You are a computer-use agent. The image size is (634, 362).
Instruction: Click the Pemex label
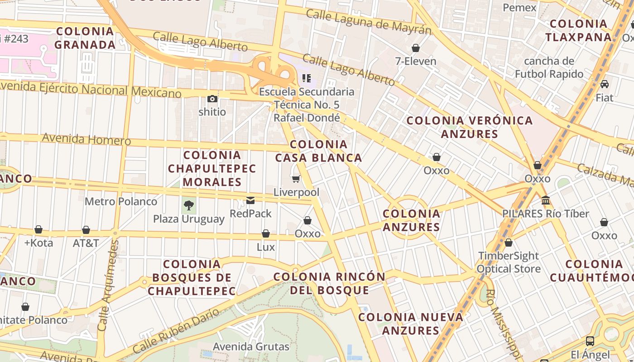[x=519, y=8]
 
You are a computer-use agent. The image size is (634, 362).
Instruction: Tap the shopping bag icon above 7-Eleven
[x=416, y=48]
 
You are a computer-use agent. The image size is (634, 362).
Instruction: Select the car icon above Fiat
[x=604, y=84]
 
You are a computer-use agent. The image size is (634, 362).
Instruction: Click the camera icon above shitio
[x=212, y=99]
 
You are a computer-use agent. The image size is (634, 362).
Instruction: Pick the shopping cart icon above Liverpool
[x=296, y=179]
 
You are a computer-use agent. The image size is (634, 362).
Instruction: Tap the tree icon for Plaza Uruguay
[x=188, y=206]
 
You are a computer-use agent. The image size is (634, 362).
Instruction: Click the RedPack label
[x=250, y=213]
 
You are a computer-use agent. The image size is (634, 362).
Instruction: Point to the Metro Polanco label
[x=121, y=201]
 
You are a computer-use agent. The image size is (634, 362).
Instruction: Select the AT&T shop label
[x=86, y=243]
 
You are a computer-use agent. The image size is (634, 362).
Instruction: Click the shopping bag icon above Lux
[x=266, y=233]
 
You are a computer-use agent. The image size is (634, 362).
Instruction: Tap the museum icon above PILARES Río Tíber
[x=546, y=200]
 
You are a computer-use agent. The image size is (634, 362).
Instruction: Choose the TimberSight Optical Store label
[x=509, y=262]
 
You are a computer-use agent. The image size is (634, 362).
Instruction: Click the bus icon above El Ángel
[x=590, y=341]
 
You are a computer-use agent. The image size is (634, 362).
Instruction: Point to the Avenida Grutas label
[x=251, y=347]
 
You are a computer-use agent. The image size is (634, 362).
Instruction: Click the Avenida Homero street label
[x=86, y=139]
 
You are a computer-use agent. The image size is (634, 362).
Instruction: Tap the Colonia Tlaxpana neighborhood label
[x=578, y=30]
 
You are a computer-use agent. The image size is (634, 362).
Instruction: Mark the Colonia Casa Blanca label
[x=318, y=151]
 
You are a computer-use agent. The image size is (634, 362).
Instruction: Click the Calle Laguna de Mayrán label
[x=368, y=21]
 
